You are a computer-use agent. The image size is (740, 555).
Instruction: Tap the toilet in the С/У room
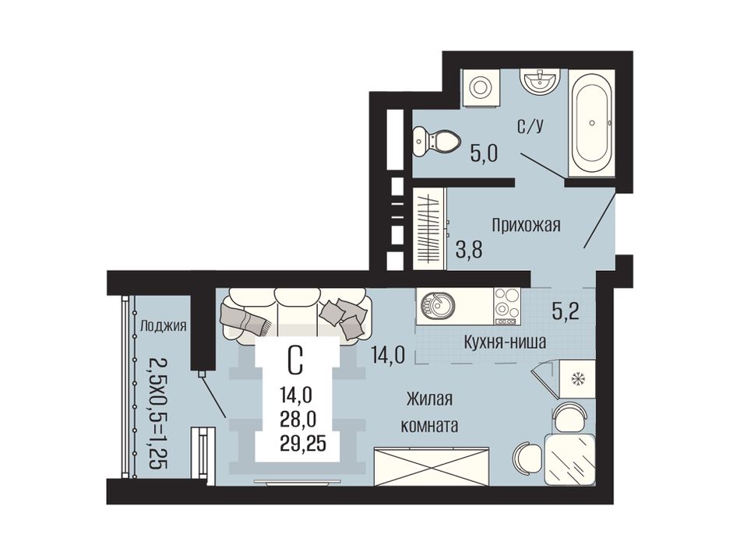coord(436,141)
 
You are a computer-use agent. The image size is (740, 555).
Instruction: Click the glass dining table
coord(569,460)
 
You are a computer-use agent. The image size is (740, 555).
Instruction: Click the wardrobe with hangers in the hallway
coord(430,229)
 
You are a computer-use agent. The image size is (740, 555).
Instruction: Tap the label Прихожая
coord(526,226)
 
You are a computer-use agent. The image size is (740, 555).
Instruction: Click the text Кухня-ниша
coord(505,342)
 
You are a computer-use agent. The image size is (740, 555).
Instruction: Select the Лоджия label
coord(164,326)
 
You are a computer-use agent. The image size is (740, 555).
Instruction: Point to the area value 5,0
coord(484,154)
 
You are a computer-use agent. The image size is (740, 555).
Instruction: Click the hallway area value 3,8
coord(469,249)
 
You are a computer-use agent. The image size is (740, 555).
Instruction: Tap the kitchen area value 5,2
coord(566,311)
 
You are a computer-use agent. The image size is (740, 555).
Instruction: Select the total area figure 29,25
coord(302,444)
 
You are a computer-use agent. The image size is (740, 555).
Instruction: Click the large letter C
coord(295,360)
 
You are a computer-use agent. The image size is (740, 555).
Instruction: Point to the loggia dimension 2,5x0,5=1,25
coord(158,412)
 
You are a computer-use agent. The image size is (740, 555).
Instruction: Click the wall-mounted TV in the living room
coord(297,482)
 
